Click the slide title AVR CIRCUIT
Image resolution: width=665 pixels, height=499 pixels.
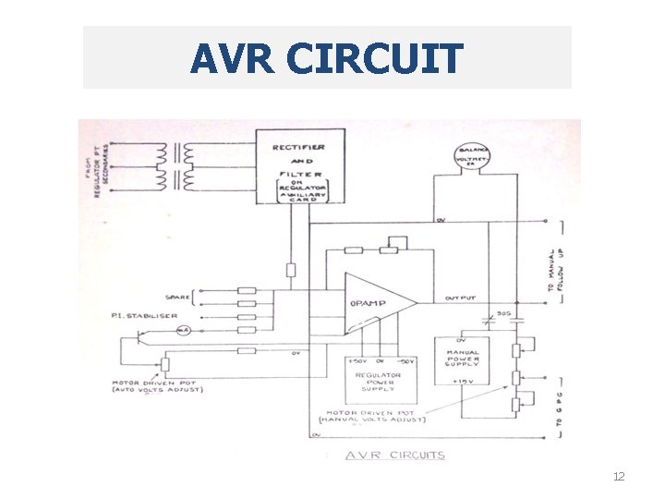pyautogui.click(x=327, y=58)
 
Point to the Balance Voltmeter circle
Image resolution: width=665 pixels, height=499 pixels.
pyautogui.click(x=471, y=158)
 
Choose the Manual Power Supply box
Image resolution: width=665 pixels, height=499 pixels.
pyautogui.click(x=464, y=359)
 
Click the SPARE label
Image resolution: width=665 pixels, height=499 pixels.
pyautogui.click(x=177, y=297)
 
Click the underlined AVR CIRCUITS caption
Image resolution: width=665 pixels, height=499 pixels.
pyautogui.click(x=394, y=456)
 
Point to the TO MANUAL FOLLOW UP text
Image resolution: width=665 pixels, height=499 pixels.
pyautogui.click(x=556, y=271)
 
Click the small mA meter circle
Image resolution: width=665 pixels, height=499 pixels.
pyautogui.click(x=184, y=330)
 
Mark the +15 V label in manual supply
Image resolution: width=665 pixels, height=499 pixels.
pyautogui.click(x=462, y=380)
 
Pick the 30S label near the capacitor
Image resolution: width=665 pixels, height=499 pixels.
pyautogui.click(x=503, y=314)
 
